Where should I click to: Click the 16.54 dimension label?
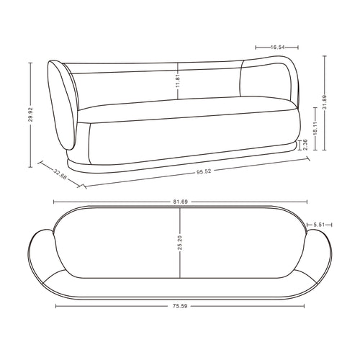pos(277,48)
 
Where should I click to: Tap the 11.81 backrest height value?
pos(178,81)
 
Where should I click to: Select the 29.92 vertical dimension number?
pos(30,114)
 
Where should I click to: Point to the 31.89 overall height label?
pos(325,102)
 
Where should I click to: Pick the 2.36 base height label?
pos(305,145)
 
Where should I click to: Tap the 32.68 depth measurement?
pos(60,174)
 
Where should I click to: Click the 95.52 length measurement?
pos(204,171)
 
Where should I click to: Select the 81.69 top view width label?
pos(181,202)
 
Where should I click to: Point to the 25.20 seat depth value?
pos(180,243)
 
